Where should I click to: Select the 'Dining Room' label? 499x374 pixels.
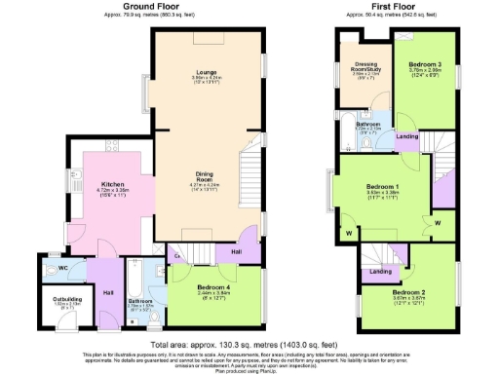[x=203, y=176]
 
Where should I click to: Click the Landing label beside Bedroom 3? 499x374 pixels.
[x=408, y=136]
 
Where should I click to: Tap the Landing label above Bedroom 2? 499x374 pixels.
[x=381, y=271]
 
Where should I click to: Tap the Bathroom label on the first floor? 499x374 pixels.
[x=366, y=125]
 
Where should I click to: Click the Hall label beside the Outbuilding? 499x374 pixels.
[x=107, y=291]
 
